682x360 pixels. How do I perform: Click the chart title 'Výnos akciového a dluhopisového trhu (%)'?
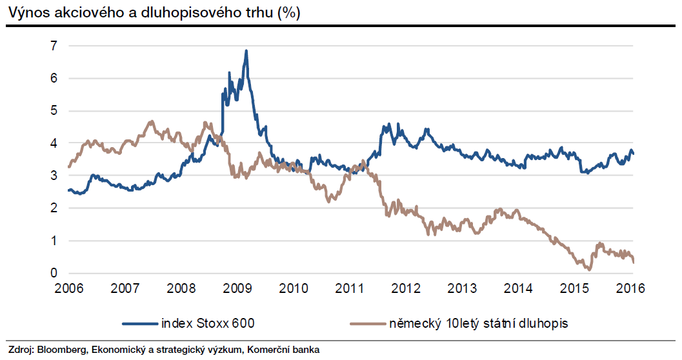click(154, 13)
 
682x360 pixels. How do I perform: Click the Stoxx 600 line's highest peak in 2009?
click(246, 51)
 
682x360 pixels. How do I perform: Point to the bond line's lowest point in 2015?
click(588, 270)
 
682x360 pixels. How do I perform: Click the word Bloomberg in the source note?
click(62, 350)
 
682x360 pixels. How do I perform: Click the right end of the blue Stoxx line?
click(633, 153)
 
